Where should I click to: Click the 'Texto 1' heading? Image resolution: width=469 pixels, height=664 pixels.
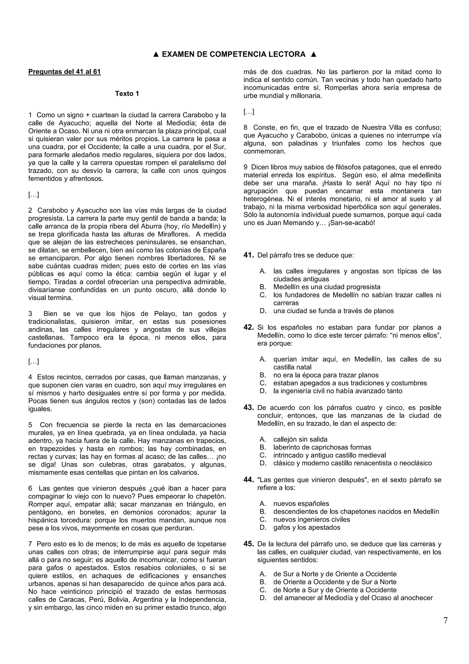coord(127,94)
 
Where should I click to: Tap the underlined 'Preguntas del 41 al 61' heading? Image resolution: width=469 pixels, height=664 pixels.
coord(64,72)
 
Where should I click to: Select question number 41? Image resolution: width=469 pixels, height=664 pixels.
coord(248,255)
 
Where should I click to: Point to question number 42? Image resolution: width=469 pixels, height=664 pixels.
coord(248,327)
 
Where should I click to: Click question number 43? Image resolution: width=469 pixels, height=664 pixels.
coord(248,408)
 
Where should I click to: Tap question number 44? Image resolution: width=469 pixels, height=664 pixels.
coord(248,480)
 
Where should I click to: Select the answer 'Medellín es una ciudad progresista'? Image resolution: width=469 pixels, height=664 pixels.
coord(327,287)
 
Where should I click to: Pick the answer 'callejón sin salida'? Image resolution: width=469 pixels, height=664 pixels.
coord(300,440)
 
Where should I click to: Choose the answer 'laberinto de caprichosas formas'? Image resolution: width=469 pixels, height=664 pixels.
coord(322,447)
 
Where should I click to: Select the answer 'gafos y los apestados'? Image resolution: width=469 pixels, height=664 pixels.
coord(307,527)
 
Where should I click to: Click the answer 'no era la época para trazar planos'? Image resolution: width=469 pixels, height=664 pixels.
coord(326,375)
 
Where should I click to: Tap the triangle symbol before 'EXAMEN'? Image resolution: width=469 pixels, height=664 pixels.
coord(155,54)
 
